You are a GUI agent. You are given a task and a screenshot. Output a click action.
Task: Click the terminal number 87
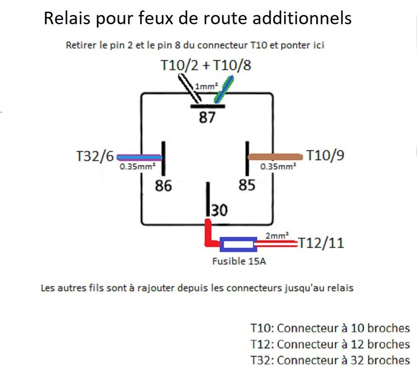207,118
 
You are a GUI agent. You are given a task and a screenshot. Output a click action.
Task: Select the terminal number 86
163,186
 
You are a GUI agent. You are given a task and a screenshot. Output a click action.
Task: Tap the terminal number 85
247,185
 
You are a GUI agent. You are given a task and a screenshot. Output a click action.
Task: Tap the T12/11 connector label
321,242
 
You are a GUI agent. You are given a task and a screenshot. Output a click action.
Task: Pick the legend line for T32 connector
330,360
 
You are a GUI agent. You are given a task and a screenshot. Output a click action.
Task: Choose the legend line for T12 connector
330,344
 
